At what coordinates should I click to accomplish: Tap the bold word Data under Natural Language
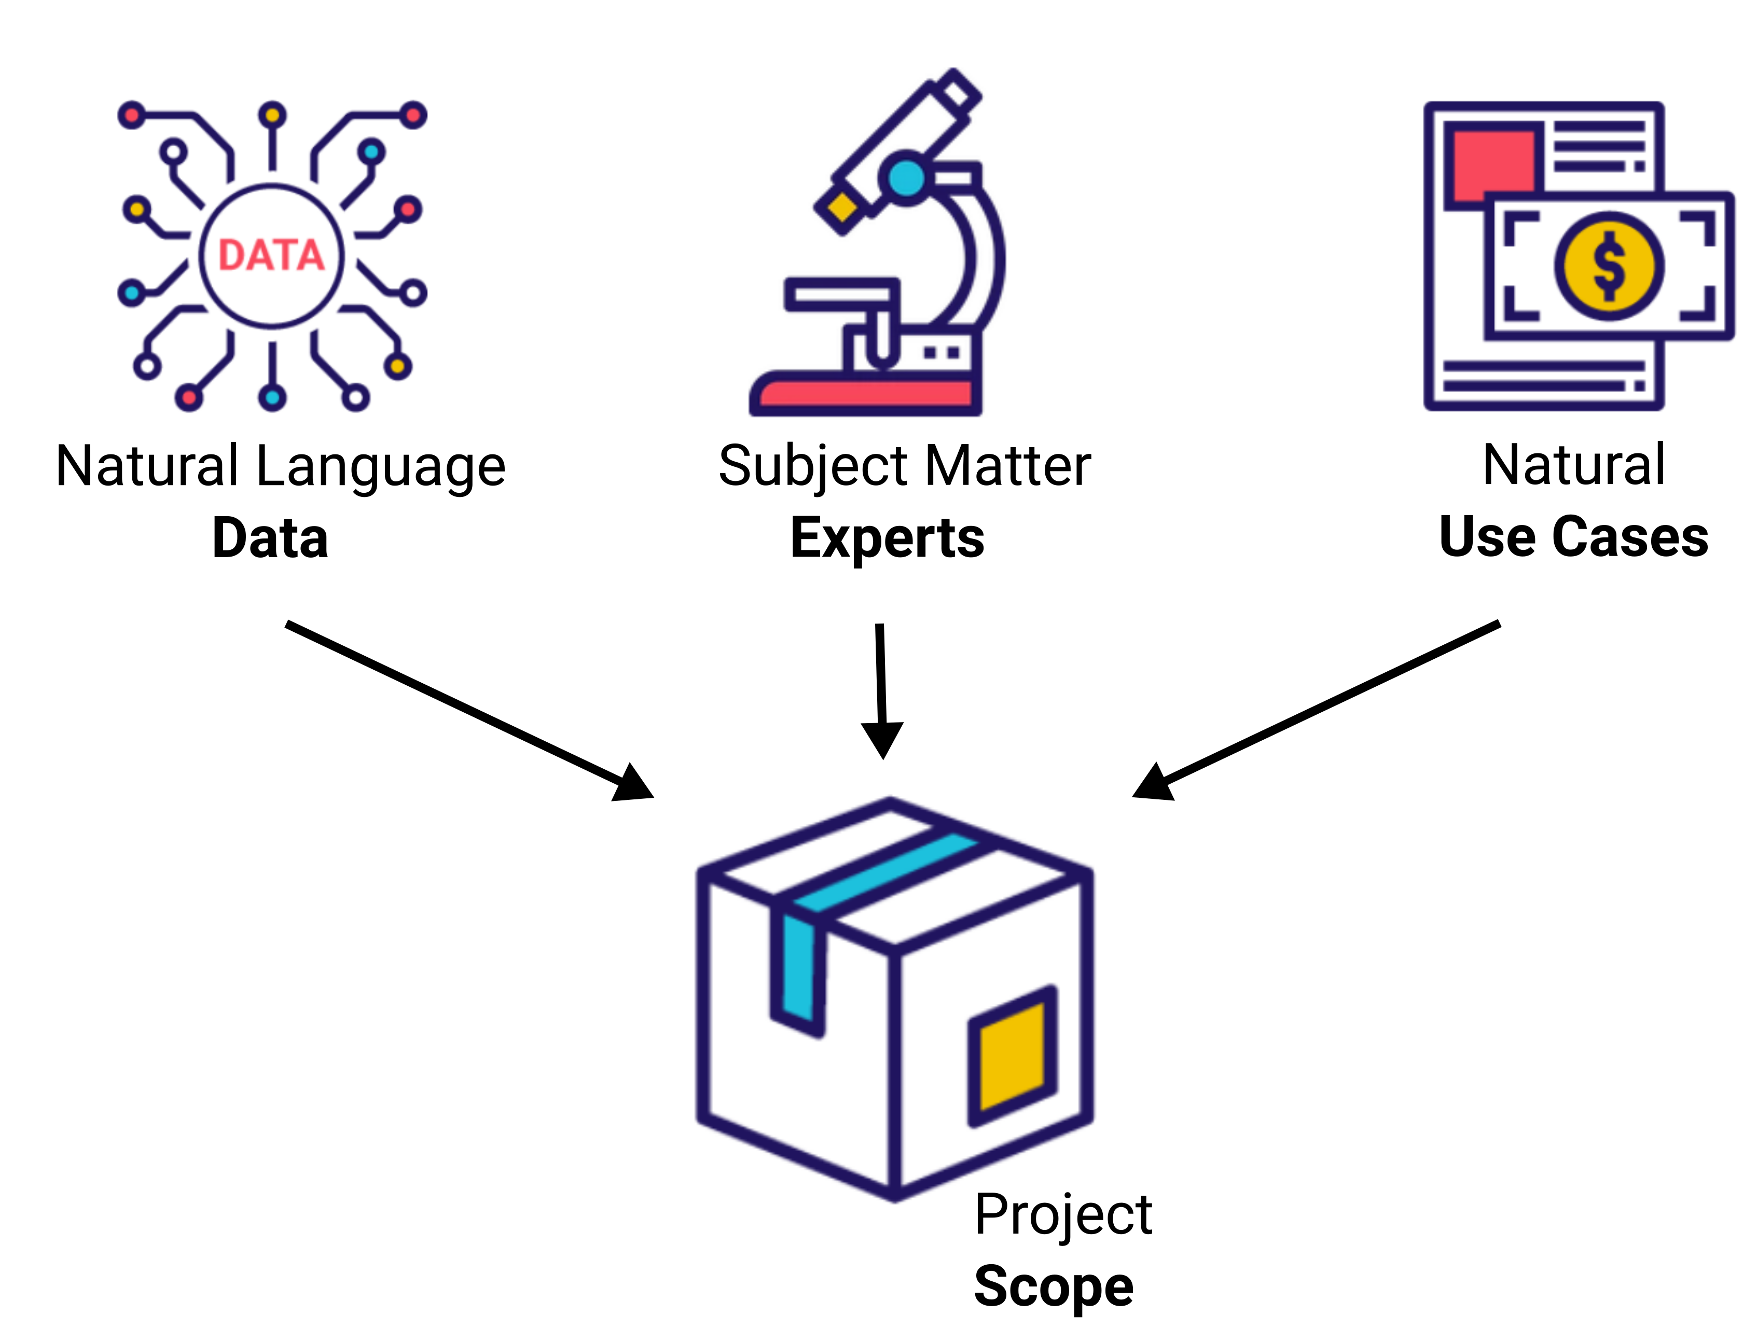(270, 538)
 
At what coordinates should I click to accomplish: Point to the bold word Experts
(887, 538)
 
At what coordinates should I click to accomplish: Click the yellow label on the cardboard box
(1012, 1057)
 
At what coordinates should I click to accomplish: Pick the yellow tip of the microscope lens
(842, 208)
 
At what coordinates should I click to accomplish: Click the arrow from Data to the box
(468, 710)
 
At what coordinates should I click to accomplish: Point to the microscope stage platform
(842, 294)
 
